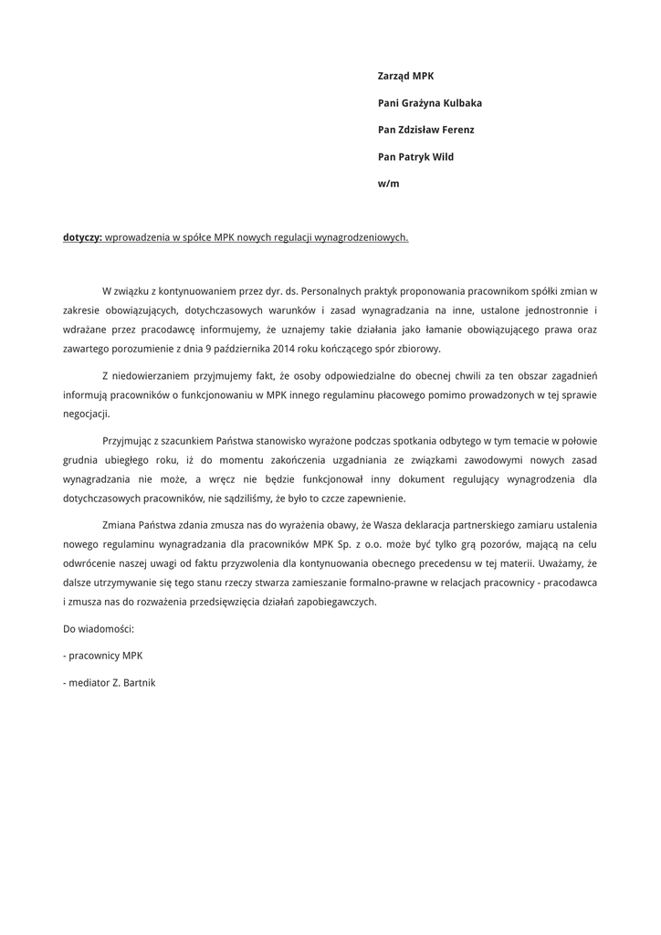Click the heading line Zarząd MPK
(405, 77)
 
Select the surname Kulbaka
(456, 103)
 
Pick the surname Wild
(443, 157)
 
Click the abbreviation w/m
(388, 184)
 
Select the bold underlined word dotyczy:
(82, 237)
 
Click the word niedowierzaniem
(152, 375)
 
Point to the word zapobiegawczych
(330, 602)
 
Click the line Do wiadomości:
(99, 629)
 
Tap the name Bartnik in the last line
(139, 682)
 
